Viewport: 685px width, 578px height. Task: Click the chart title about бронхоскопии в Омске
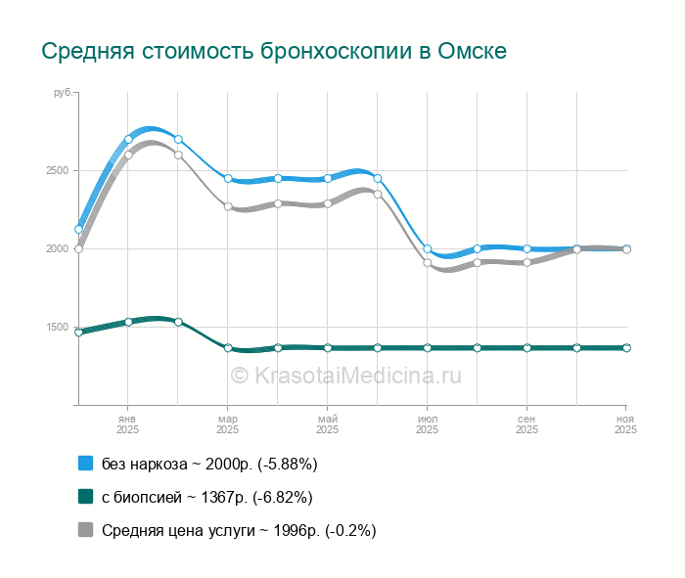274,51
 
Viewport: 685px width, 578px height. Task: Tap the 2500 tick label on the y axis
56,170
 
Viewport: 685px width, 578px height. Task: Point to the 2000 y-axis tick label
56,248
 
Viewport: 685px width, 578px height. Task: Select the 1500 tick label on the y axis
56,327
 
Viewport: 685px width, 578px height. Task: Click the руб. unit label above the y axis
64,92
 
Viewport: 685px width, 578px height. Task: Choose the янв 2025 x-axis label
128,423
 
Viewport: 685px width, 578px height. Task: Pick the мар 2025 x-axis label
228,423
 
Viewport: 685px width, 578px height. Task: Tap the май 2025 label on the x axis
328,423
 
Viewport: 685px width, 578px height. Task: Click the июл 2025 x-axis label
428,423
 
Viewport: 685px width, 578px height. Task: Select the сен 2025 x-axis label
526,423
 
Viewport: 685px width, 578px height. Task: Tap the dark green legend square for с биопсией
85,497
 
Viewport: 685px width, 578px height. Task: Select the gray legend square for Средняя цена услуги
85,530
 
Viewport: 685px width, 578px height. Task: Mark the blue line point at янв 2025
128,139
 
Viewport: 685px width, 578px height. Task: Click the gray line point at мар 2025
228,206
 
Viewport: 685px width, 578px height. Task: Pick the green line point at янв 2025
128,322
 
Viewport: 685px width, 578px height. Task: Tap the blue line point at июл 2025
428,248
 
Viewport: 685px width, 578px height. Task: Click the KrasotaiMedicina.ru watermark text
344,375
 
